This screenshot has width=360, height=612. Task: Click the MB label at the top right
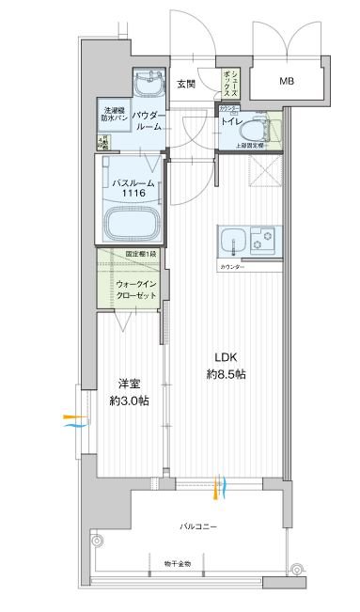pos(286,81)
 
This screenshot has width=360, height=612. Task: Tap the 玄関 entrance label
pos(185,84)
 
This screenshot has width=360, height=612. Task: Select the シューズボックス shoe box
pos(231,81)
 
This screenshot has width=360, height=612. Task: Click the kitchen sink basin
pos(231,242)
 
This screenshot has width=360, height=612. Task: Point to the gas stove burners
pos(262,240)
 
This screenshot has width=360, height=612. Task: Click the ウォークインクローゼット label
pos(131,289)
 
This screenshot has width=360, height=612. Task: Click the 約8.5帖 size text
pos(228,373)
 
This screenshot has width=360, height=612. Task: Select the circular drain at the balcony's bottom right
pos(297,568)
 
